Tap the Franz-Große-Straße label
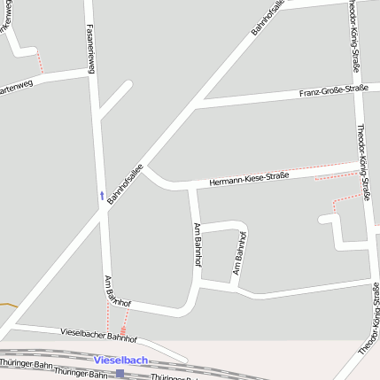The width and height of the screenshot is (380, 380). pyautogui.click(x=333, y=90)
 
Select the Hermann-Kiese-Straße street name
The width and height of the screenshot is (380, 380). pyautogui.click(x=249, y=178)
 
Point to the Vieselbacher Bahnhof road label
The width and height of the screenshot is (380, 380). pyautogui.click(x=98, y=335)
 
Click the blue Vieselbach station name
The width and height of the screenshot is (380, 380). pyautogui.click(x=121, y=360)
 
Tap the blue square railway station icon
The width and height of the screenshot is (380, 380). pyautogui.click(x=120, y=374)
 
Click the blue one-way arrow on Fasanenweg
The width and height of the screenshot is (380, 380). pyautogui.click(x=102, y=193)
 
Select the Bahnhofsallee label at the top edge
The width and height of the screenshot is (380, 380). pyautogui.click(x=268, y=17)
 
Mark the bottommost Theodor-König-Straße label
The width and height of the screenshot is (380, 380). pyautogui.click(x=370, y=319)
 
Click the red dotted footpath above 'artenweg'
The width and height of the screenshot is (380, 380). pyautogui.click(x=41, y=61)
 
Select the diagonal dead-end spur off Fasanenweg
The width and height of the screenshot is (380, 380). pyautogui.click(x=115, y=99)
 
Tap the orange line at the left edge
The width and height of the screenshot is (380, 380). pyautogui.click(x=7, y=305)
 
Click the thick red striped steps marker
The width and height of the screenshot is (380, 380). pyautogui.click(x=122, y=330)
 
